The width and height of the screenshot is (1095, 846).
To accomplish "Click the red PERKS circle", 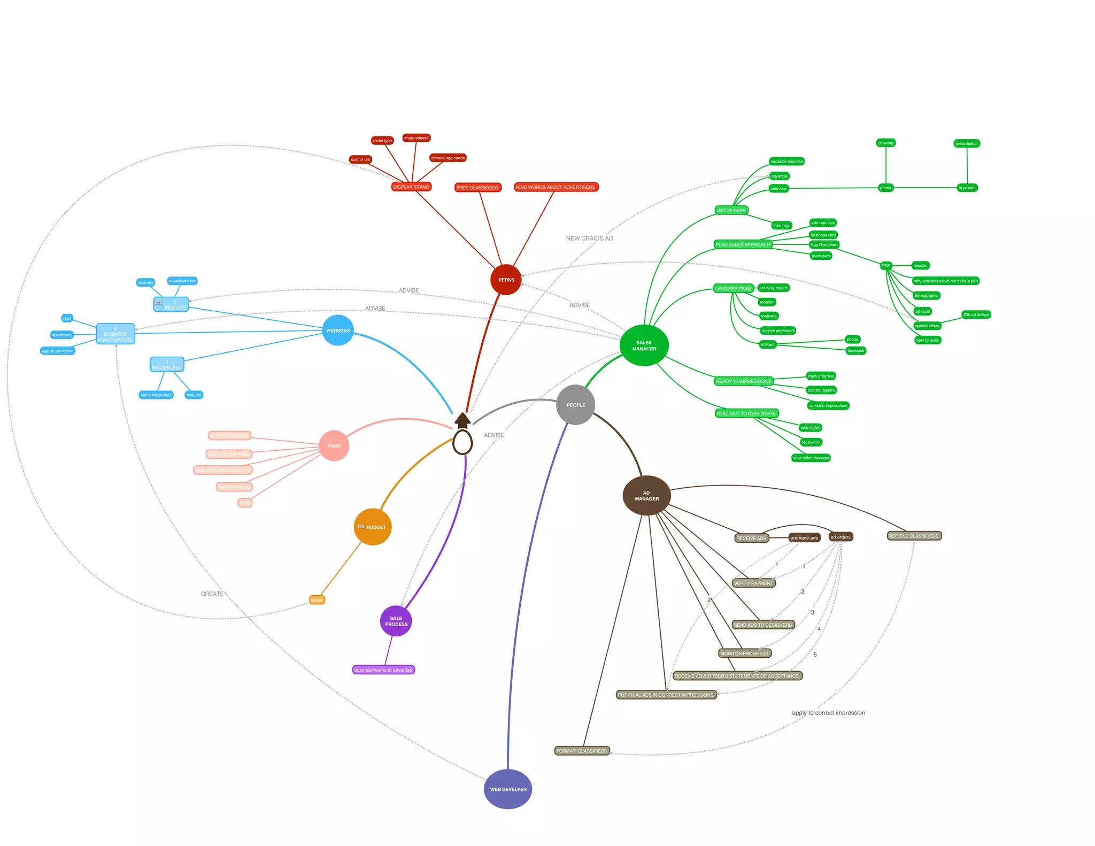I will pos(506,280).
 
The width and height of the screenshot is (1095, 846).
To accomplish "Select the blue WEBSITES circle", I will pos(338,330).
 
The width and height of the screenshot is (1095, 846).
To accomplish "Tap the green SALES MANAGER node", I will pos(644,345).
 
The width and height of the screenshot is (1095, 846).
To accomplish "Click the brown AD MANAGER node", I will pos(646,496).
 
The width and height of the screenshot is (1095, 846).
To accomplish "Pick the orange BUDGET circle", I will pos(373,527).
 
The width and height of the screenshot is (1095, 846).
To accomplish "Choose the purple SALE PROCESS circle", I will pos(396,621).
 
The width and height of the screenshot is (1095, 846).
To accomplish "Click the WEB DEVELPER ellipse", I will pos(508,789).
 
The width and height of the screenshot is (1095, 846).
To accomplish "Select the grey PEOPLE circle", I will pos(575,405).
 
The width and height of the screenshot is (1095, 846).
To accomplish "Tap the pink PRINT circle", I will pos(334,446).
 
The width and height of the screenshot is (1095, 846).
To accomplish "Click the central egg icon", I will pos(462,442).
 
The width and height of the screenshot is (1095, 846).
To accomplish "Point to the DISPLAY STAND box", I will pos(411,187).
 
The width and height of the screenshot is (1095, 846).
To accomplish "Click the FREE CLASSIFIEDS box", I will pos(477,188).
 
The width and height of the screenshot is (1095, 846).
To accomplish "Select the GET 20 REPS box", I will pos(731,211).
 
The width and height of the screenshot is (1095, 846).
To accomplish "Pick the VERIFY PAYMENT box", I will pos(753,583).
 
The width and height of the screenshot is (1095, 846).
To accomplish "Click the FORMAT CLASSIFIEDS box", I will pos(582,751).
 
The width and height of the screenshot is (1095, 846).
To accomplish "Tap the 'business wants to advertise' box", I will pos(383,670).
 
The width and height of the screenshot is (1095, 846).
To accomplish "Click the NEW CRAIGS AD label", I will pos(589,239).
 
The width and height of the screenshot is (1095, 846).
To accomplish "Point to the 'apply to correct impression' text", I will pos(828,713).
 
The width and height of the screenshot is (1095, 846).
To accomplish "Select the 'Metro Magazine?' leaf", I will pos(156,395).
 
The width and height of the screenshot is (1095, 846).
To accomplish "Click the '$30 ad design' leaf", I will pos(976,314).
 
